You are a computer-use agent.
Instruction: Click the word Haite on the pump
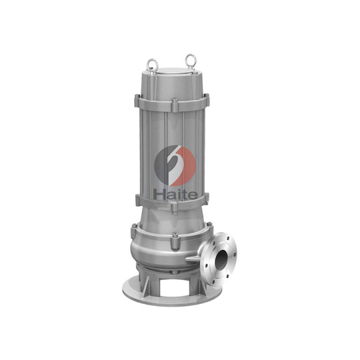(175, 193)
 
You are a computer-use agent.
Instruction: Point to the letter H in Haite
(159, 193)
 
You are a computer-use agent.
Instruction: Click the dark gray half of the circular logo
(163, 164)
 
